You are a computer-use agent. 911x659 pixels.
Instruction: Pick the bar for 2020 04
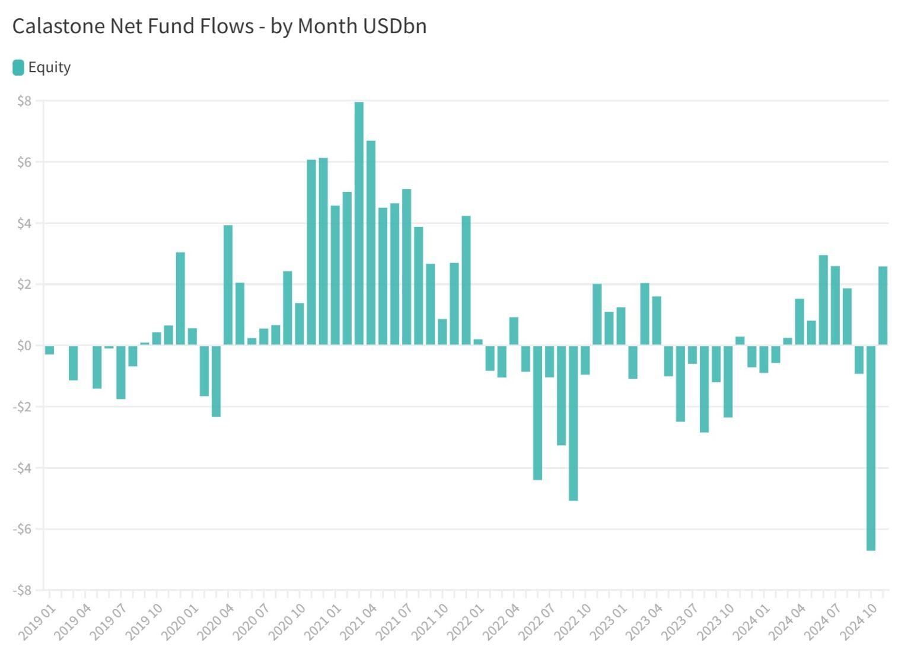click(228, 285)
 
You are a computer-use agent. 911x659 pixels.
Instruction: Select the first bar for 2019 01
click(49, 350)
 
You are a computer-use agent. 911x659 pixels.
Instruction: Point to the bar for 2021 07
click(406, 267)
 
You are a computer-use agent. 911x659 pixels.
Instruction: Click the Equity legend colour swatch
click(18, 68)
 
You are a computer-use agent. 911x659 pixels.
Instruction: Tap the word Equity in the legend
click(49, 68)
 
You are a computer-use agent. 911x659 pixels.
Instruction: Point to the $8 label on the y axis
click(24, 101)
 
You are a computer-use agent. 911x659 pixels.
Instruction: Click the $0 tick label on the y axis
click(24, 346)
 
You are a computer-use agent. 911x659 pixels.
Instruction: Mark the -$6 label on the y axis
click(23, 529)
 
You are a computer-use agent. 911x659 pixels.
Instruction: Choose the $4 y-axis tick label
click(24, 223)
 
